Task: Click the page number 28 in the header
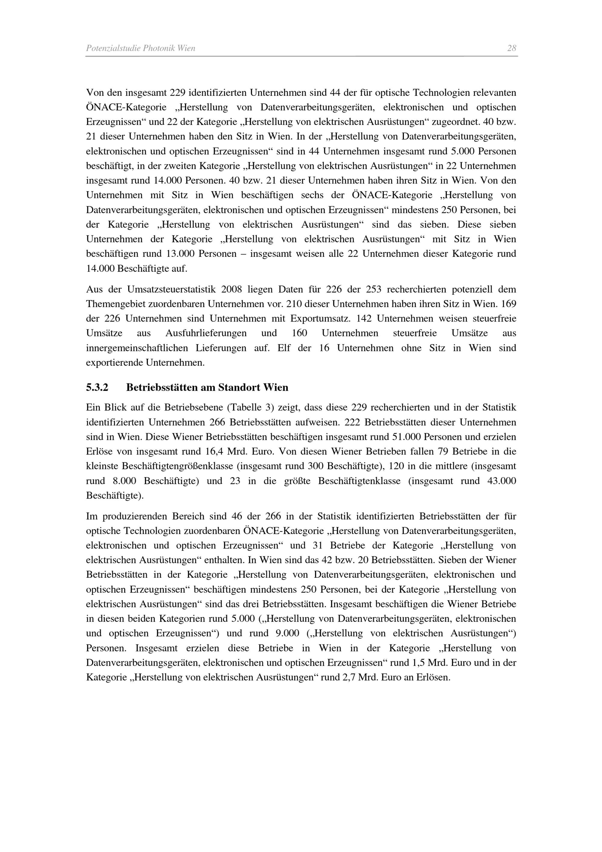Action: point(511,48)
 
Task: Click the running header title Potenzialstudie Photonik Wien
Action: point(141,48)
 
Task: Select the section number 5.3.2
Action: point(97,387)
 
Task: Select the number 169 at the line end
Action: point(508,304)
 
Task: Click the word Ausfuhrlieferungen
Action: point(206,333)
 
